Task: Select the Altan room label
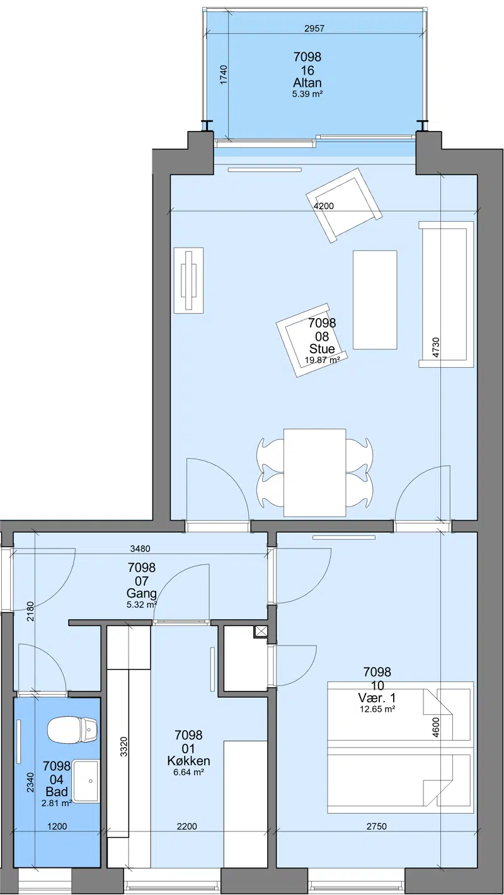pos(307,83)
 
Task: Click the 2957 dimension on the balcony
pos(314,28)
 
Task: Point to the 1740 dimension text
pos(224,75)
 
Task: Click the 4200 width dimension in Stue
pos(324,206)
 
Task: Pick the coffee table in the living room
pos(375,300)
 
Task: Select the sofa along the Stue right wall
pos(446,295)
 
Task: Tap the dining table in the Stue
pos(314,472)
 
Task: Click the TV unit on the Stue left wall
pos(188,280)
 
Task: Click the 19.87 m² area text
pos(322,360)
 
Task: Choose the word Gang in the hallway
pos(142,593)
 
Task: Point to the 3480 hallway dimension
pos(140,549)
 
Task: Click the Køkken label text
pos(188,761)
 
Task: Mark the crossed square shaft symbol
pos(261,631)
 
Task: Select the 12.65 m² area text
pos(378,709)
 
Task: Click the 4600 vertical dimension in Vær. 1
pos(436,727)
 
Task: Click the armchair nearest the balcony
pos(344,205)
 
